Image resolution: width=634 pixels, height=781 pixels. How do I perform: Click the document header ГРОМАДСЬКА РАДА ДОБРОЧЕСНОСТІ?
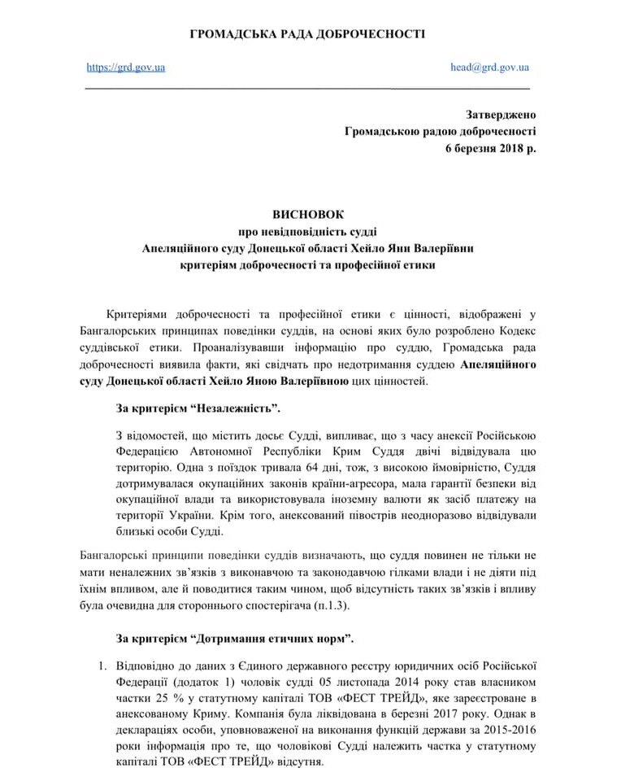point(307,34)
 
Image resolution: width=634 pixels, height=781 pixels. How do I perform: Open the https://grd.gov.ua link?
point(125,68)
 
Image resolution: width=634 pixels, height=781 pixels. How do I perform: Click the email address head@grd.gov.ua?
point(489,68)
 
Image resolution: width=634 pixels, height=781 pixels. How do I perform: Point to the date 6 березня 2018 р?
point(490,147)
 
